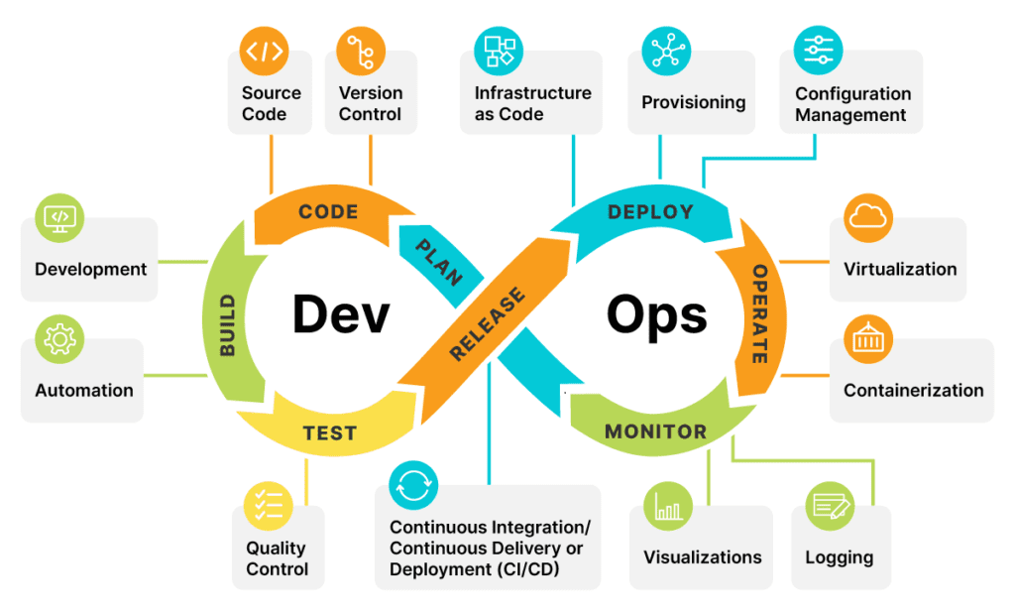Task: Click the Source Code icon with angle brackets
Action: pos(265,51)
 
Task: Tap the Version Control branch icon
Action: pos(361,51)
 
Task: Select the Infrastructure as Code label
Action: pos(532,103)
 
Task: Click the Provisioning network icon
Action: pos(666,51)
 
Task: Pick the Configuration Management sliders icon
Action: pos(818,50)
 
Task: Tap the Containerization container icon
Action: pos(868,340)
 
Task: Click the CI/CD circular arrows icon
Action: pos(413,485)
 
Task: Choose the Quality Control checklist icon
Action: pos(269,505)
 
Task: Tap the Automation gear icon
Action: pos(59,339)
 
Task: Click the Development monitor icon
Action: pos(59,217)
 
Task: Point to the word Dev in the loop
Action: pos(340,314)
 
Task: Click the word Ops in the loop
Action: pos(656,314)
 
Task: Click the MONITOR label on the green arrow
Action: pos(655,431)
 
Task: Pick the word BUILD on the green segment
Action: pos(228,324)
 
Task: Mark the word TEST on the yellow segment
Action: pos(329,433)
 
